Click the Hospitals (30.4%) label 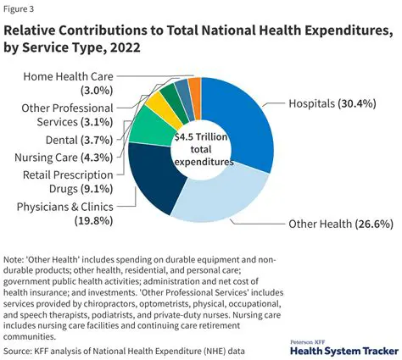(x=320, y=105)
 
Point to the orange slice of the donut (x=195, y=88)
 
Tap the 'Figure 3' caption (x=22, y=9)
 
